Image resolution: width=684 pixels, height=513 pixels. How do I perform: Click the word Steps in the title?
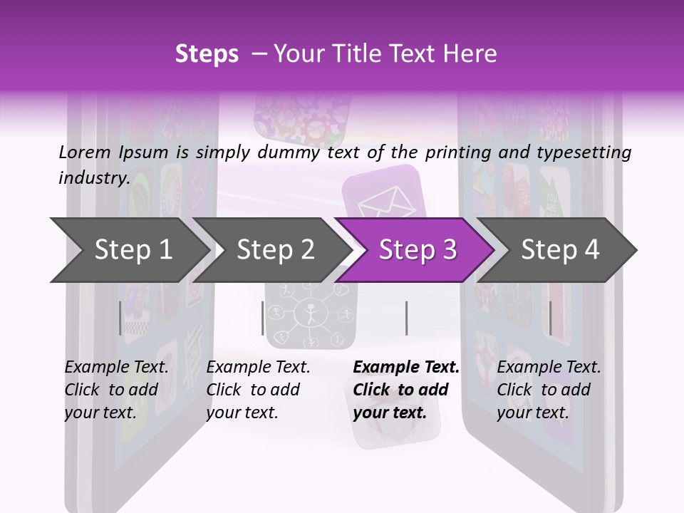click(207, 54)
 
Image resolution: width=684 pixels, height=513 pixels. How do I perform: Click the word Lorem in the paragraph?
click(85, 152)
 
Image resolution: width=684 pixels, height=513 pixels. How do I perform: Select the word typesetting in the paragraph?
click(584, 152)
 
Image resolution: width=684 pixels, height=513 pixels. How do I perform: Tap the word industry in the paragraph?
click(93, 177)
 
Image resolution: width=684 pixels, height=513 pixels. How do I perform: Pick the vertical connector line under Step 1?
click(120, 318)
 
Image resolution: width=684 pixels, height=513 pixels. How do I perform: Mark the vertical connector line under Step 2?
click(263, 318)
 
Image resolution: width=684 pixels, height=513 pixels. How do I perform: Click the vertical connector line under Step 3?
click(406, 318)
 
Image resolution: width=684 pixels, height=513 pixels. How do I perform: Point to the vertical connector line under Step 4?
click(550, 318)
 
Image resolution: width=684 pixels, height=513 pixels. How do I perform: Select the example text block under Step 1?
click(116, 390)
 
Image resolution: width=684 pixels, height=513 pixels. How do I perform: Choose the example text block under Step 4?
click(549, 390)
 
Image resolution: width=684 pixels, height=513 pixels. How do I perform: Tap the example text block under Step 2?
click(258, 390)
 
